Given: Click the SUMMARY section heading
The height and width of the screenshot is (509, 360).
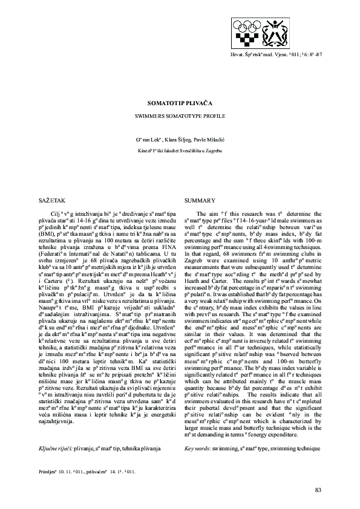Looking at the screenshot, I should click(x=200, y=200).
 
